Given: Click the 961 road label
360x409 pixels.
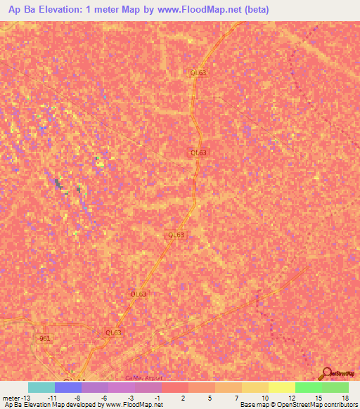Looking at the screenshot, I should pyautogui.click(x=46, y=338).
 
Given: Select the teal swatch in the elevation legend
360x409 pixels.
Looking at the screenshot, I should pyautogui.click(x=41, y=387).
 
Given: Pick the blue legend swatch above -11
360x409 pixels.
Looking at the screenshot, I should pyautogui.click(x=68, y=387).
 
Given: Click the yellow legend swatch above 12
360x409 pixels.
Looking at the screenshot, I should pyautogui.click(x=282, y=387).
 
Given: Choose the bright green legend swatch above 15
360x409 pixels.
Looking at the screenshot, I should pyautogui.click(x=309, y=387).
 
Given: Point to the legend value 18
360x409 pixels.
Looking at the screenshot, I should pyautogui.click(x=344, y=397).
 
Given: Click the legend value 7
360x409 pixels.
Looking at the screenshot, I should pyautogui.click(x=236, y=397).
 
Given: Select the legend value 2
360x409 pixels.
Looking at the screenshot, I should pyautogui.click(x=183, y=397).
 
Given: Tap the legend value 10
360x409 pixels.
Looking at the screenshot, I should pyautogui.click(x=263, y=397).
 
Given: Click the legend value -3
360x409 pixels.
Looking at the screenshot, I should pyautogui.click(x=130, y=397).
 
